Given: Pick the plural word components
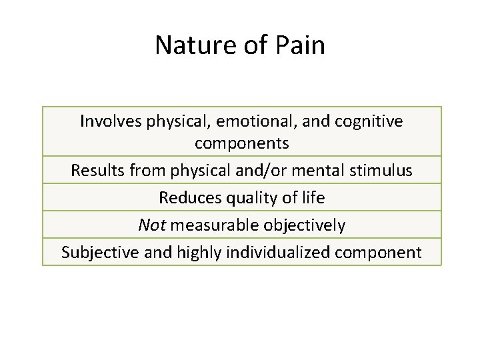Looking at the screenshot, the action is [x=241, y=143].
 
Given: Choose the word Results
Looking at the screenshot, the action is [x=96, y=171].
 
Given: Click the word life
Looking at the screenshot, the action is [x=311, y=198].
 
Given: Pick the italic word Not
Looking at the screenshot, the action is [x=151, y=225].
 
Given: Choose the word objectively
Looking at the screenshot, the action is [x=305, y=225].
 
